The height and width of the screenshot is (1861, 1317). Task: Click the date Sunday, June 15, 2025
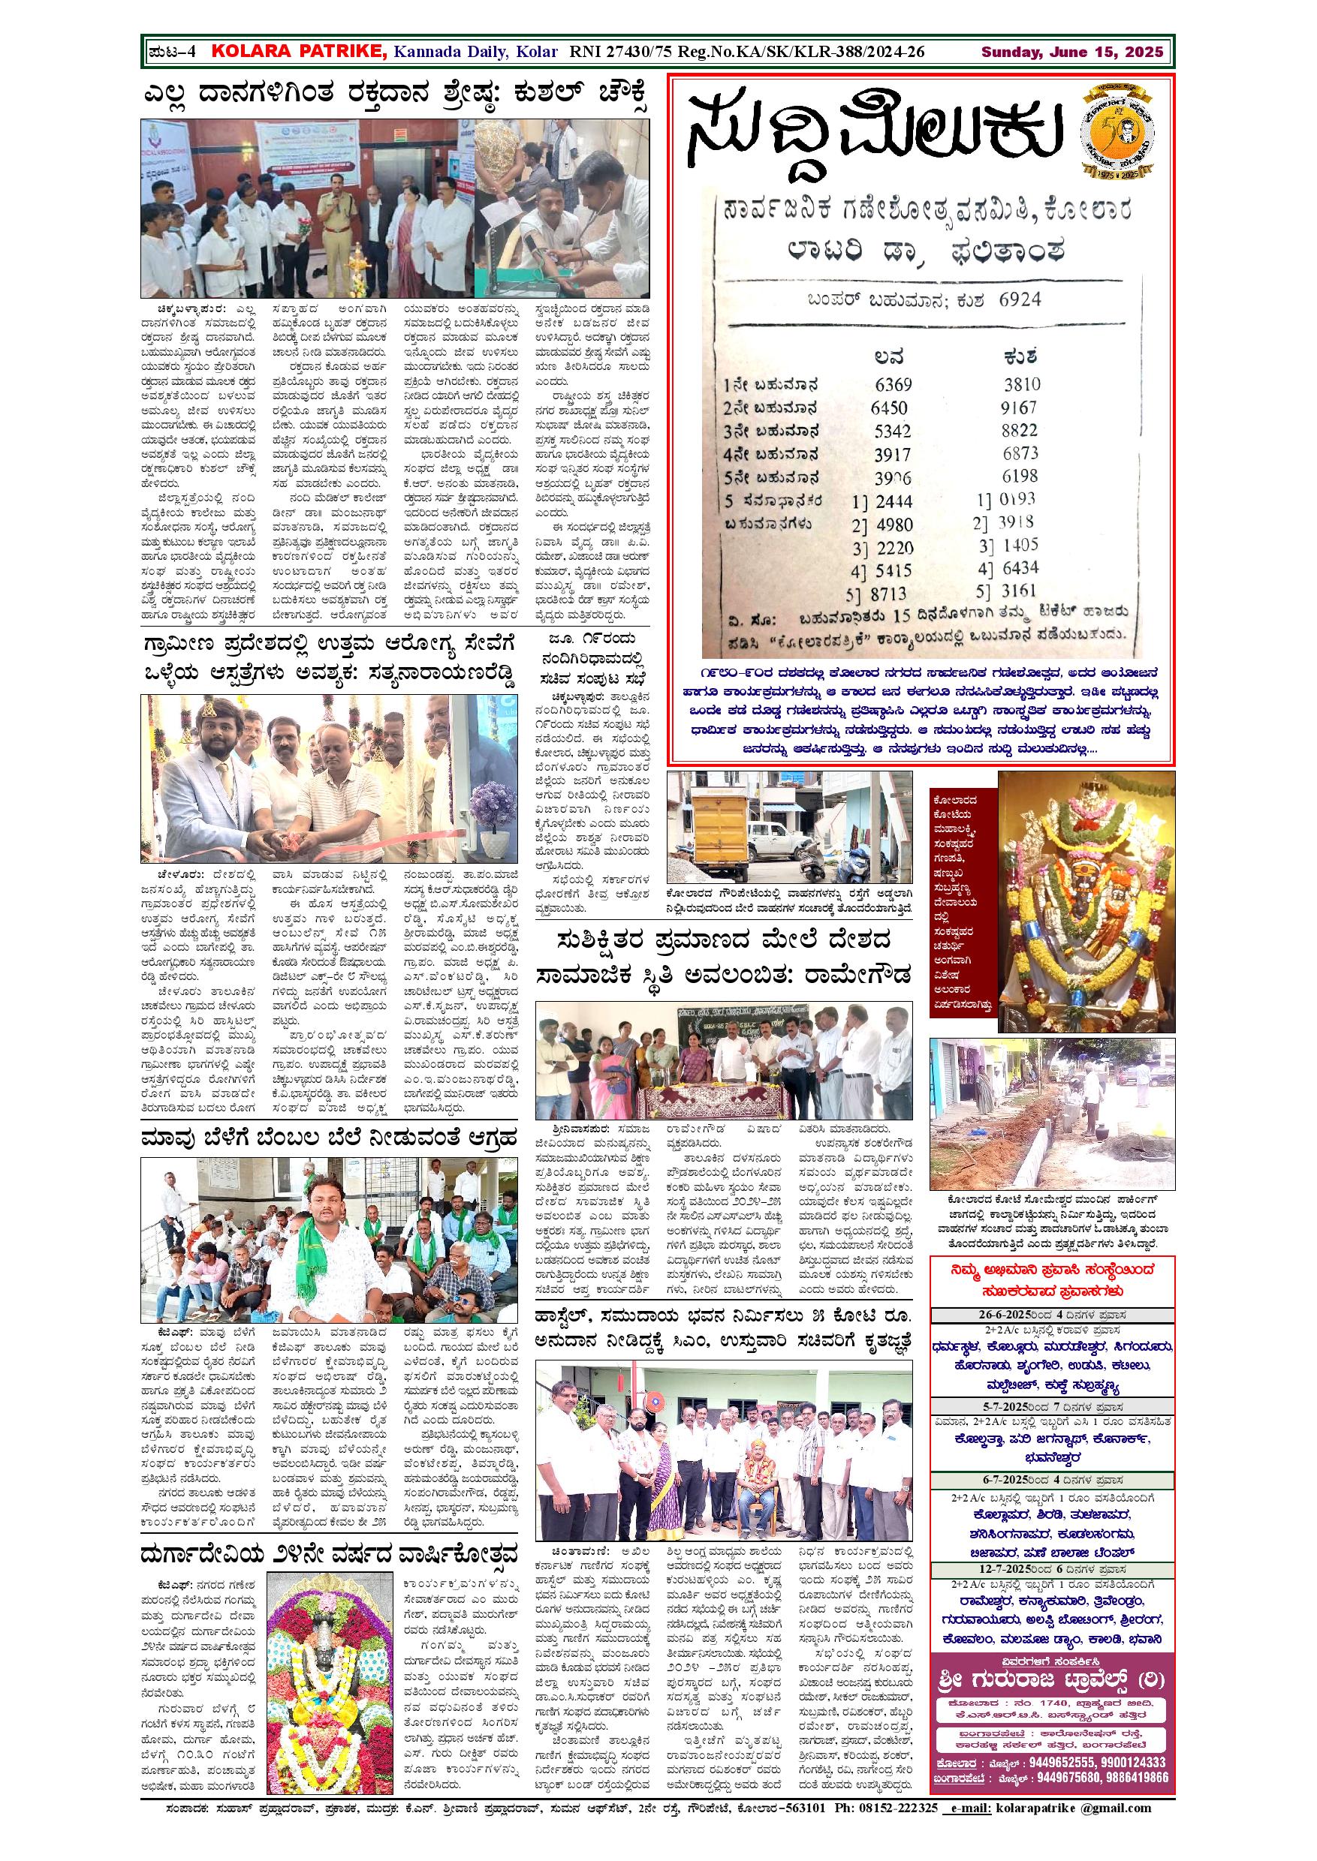[1072, 53]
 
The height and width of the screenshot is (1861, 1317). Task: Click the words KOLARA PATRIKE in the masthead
[298, 52]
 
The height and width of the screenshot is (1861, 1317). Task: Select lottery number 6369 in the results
[894, 384]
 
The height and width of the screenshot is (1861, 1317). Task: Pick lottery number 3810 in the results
[1021, 384]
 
